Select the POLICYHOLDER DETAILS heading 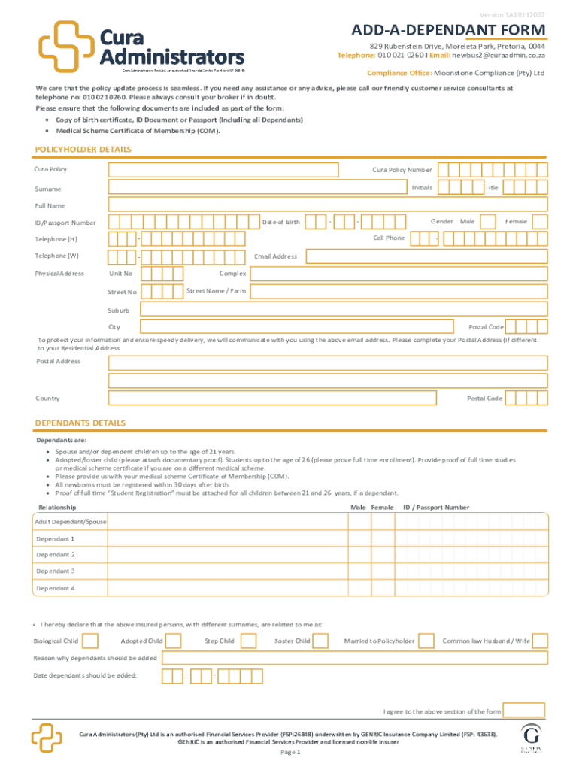[x=83, y=150]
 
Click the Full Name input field [x=328, y=205]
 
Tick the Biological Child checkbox [x=90, y=641]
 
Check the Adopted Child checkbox [x=174, y=641]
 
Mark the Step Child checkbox [x=247, y=641]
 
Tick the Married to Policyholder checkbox [x=426, y=641]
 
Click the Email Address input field [x=426, y=256]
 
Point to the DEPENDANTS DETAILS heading [x=80, y=423]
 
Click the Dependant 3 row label [x=56, y=571]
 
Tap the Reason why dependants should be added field [x=354, y=658]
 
